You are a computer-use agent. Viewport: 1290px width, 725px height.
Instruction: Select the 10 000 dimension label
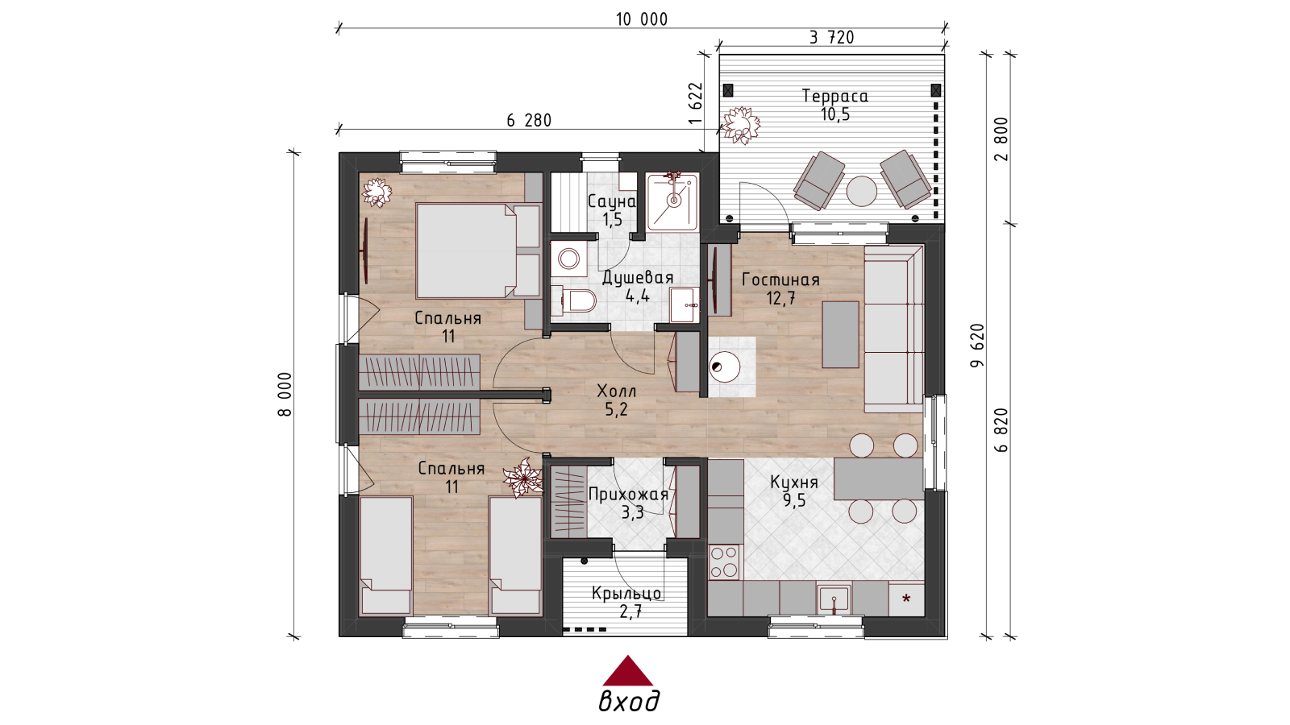point(642,19)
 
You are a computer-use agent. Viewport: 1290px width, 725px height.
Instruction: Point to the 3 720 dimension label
point(831,37)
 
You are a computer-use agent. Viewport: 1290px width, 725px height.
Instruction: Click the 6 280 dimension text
point(529,120)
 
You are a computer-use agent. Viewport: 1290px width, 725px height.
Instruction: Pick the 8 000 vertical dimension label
point(286,394)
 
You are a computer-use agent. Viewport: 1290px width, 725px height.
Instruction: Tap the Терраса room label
point(835,96)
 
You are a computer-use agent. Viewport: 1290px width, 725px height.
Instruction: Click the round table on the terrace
point(862,191)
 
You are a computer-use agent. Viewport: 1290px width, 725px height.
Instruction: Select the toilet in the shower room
point(579,301)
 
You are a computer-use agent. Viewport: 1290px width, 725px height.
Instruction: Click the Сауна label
point(612,201)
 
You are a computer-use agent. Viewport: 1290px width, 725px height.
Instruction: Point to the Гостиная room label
point(780,280)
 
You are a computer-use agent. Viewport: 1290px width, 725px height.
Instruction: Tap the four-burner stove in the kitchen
point(725,561)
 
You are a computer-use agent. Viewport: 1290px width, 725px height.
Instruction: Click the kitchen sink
point(834,599)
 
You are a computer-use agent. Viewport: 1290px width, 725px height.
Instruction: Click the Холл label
point(617,391)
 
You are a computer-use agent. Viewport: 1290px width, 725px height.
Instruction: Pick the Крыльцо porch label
point(626,593)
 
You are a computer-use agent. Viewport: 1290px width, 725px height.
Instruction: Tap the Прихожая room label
point(629,495)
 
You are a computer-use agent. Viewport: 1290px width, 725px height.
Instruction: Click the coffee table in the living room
point(841,334)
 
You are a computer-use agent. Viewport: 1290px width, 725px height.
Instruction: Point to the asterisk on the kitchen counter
point(906,599)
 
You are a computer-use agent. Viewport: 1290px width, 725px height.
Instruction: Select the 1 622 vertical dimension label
point(697,103)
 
